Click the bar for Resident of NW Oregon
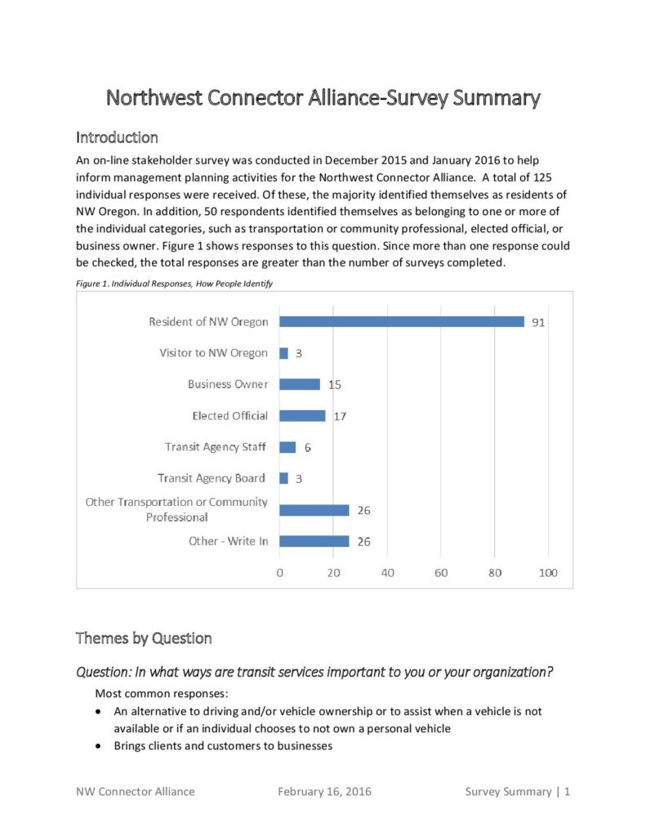click(x=402, y=321)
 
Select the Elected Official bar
click(x=302, y=415)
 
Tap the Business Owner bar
click(x=300, y=384)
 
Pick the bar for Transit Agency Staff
click(x=287, y=447)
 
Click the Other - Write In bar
click(x=314, y=541)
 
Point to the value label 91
click(x=537, y=322)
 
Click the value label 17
click(x=340, y=416)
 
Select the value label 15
click(x=335, y=384)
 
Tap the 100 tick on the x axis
click(x=548, y=573)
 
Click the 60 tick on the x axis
click(x=441, y=573)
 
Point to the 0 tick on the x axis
click(x=280, y=573)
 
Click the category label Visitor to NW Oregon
click(x=213, y=353)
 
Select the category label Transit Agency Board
click(x=212, y=478)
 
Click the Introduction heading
click(x=117, y=137)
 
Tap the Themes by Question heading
click(x=144, y=638)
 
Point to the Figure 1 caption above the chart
click(x=174, y=283)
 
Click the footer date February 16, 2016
click(x=324, y=791)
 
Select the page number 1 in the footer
click(x=567, y=791)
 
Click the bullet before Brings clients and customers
click(x=99, y=746)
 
